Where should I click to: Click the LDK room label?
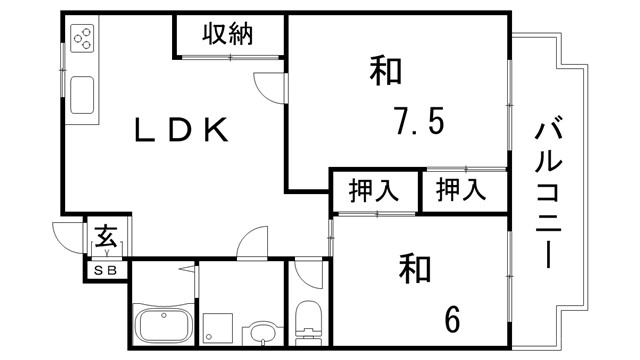coord(185,130)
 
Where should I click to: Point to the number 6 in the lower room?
coord(452,319)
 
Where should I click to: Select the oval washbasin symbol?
coord(262,333)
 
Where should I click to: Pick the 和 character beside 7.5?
coord(385,73)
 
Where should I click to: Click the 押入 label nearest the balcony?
coord(463,189)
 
